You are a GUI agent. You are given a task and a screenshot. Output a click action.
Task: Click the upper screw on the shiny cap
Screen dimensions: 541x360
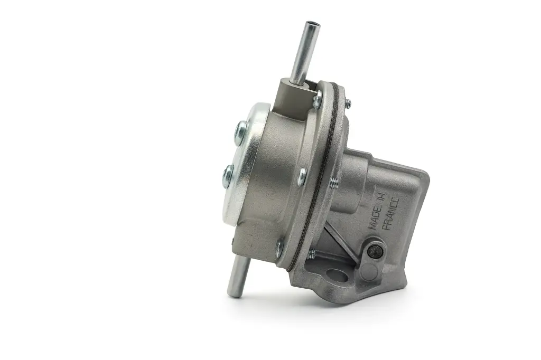[x=241, y=132]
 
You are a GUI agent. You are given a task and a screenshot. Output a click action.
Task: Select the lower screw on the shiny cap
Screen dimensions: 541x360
[x=228, y=176]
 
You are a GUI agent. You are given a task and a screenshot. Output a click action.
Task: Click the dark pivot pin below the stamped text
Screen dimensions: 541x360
[x=375, y=252]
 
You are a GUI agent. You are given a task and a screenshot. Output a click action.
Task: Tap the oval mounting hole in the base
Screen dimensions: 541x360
[x=337, y=276]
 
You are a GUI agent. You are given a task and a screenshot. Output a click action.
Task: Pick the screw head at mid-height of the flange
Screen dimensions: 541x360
[x=302, y=176]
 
